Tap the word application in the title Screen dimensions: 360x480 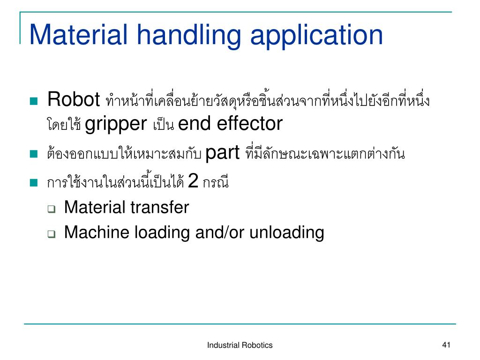coord(316,35)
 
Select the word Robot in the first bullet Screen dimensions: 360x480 coord(74,99)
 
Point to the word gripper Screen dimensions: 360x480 coord(116,124)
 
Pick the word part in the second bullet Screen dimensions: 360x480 coord(223,153)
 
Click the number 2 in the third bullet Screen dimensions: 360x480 coord(192,181)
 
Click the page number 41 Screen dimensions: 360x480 coord(446,345)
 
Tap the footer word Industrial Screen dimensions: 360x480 coord(223,345)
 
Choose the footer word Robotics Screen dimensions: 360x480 coord(257,345)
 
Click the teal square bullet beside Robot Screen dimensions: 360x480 coord(33,101)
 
